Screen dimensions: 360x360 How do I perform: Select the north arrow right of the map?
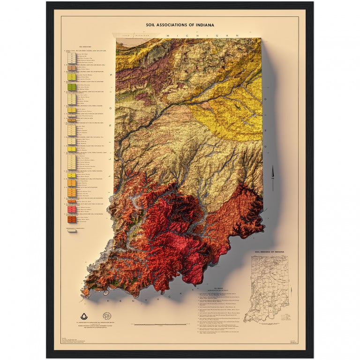(x=273, y=173)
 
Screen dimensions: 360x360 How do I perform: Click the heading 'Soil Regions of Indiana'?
(x=269, y=252)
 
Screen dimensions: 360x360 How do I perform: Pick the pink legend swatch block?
(x=72, y=210)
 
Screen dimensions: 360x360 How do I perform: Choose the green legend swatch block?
(x=72, y=87)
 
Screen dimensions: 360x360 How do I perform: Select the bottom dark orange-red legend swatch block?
(x=72, y=219)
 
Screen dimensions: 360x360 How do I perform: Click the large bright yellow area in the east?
(x=230, y=117)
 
